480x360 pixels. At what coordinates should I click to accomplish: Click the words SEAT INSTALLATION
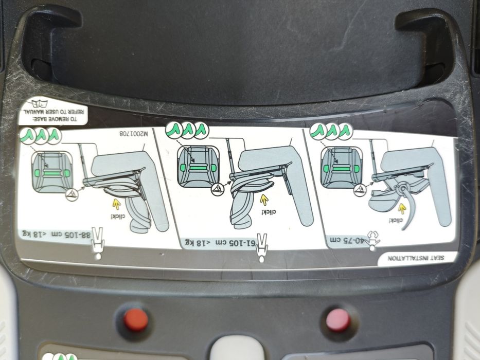point(415,258)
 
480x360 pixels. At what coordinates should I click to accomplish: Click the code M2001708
point(134,134)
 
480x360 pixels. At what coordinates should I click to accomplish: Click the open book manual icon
point(40,103)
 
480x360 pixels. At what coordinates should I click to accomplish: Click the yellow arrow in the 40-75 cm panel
point(402,209)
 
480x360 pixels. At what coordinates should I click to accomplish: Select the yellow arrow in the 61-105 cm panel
point(264,200)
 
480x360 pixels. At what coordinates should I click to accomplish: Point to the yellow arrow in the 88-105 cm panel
point(117,204)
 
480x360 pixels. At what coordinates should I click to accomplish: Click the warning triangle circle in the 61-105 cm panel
point(218,189)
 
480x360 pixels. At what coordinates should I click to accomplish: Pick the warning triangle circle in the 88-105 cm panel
point(72,195)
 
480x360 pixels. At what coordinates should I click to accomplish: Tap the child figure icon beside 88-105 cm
point(98,244)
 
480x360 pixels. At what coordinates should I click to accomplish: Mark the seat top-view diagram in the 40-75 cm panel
point(341,166)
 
